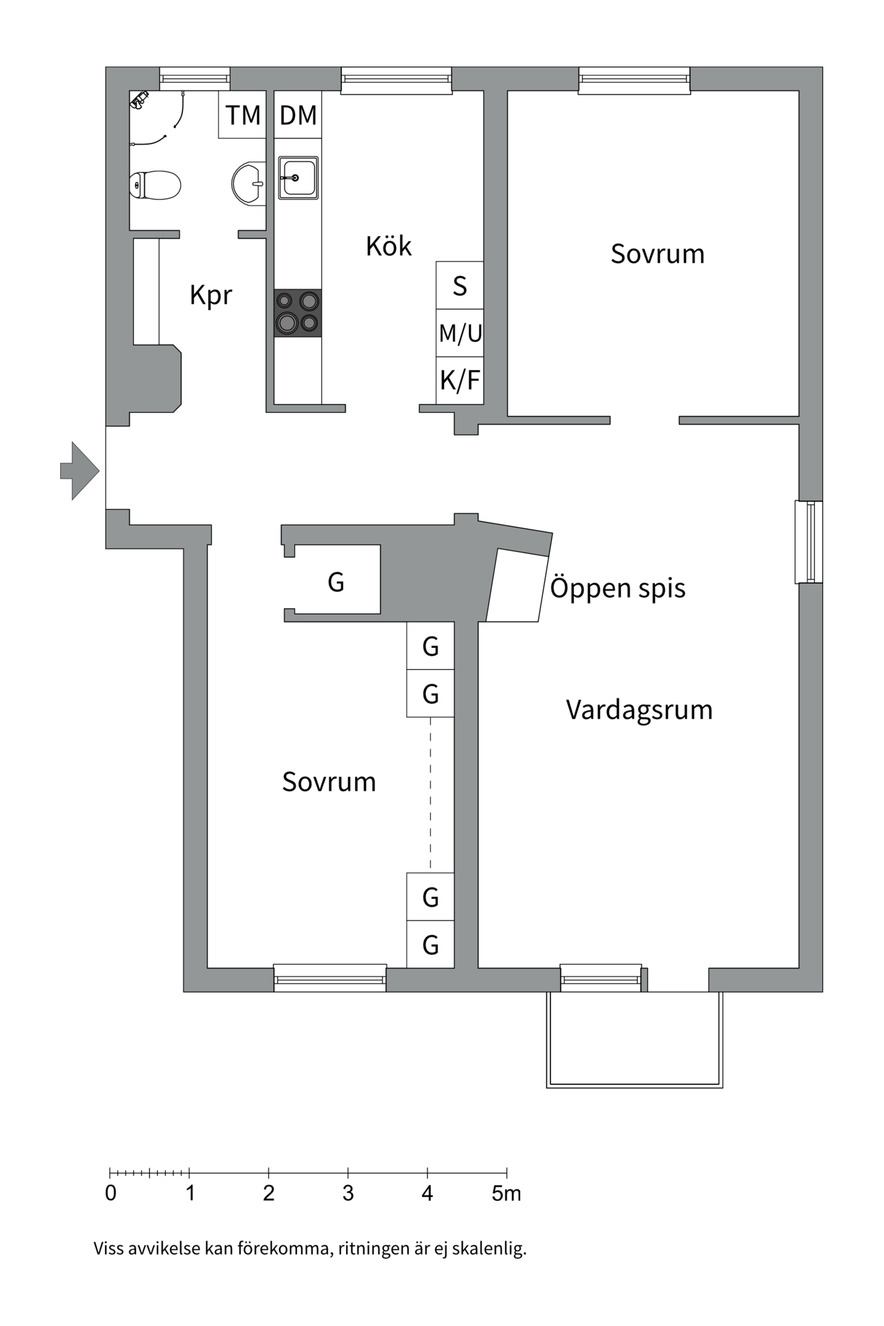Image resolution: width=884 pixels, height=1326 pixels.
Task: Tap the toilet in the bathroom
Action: tap(155, 185)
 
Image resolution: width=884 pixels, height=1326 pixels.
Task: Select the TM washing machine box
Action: tap(242, 115)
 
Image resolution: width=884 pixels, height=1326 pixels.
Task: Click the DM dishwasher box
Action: tap(298, 115)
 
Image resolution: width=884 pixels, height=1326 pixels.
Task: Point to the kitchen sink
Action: tap(298, 177)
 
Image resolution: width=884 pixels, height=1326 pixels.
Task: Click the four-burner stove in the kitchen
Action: tap(298, 313)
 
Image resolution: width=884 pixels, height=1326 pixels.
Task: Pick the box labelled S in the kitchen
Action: tap(459, 285)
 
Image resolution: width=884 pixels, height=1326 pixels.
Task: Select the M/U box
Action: tap(460, 333)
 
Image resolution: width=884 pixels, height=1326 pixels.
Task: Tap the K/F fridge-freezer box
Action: tap(460, 380)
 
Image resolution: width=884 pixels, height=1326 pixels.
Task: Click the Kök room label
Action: tap(388, 247)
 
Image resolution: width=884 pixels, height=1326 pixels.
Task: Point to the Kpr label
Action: tap(211, 296)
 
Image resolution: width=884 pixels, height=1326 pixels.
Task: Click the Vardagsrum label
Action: tap(639, 710)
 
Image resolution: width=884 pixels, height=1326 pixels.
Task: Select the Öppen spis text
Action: tap(617, 588)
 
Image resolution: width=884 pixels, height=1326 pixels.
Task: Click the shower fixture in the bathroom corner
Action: tap(140, 101)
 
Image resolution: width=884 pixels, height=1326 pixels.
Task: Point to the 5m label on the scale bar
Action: tap(506, 1193)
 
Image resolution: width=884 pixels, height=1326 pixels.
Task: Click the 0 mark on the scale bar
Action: tap(110, 1193)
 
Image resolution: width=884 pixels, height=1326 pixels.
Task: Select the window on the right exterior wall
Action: tap(809, 541)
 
